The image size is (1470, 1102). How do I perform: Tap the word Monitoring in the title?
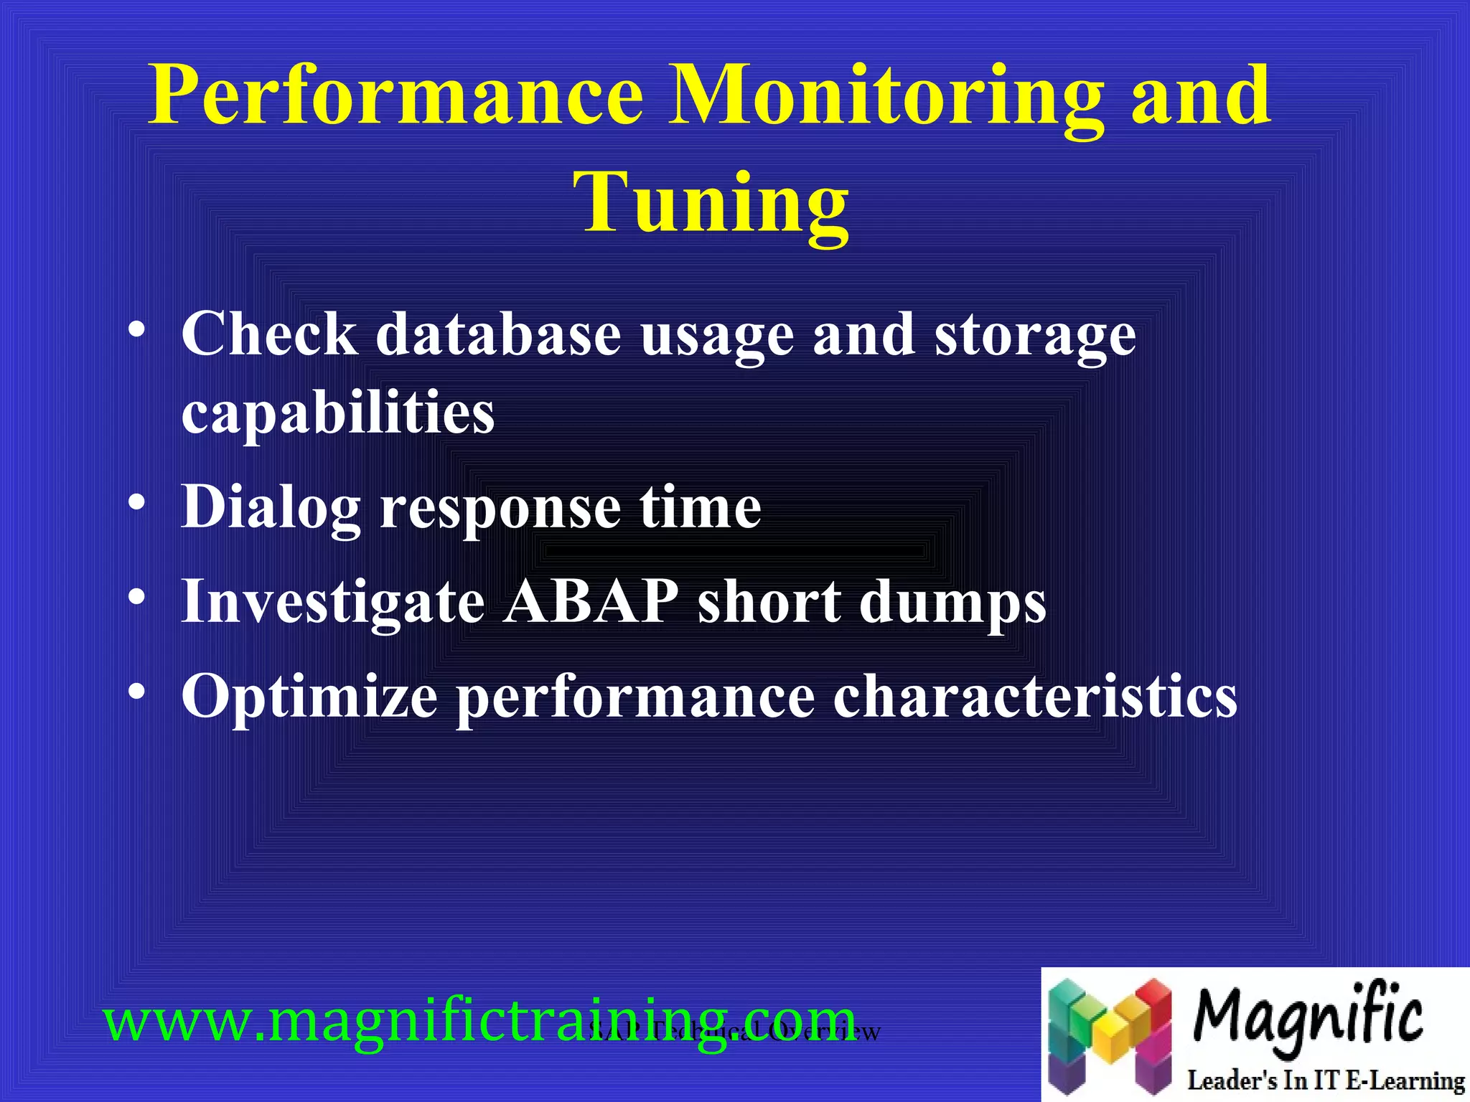[x=886, y=97]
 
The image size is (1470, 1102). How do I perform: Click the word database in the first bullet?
[x=498, y=334]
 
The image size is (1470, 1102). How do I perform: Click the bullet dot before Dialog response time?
[x=137, y=503]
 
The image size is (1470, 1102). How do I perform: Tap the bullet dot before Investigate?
[x=137, y=597]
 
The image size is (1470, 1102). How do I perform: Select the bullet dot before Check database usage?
[x=137, y=331]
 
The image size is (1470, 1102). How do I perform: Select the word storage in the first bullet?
[x=1034, y=336]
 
